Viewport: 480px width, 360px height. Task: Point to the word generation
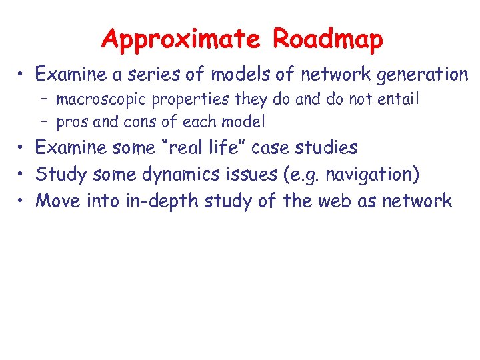[x=423, y=75]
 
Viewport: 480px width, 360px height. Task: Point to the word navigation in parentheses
[x=369, y=174]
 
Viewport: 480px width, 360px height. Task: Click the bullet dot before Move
[x=21, y=201]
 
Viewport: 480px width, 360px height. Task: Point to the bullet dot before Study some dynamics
[x=21, y=174]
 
